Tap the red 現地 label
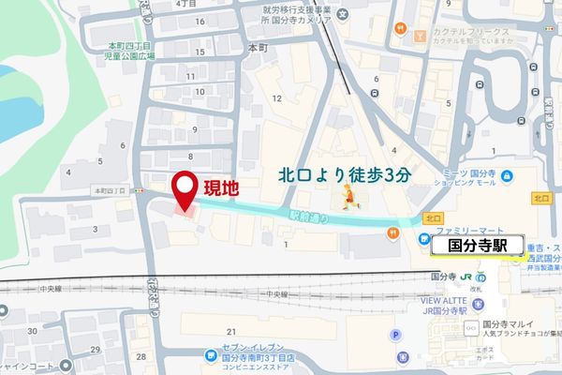pos(222,187)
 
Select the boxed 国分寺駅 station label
pos(471,246)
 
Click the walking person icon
pos(348,196)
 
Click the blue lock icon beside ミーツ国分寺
pos(505,175)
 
